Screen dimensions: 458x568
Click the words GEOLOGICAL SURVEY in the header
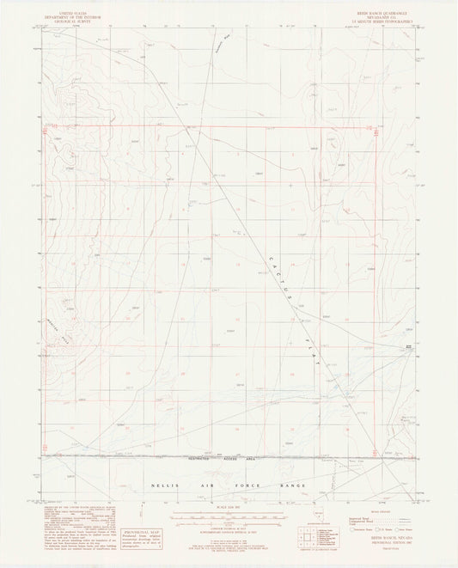click(67, 18)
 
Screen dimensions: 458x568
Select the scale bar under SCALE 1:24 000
click(229, 518)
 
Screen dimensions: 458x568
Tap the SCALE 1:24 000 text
click(229, 512)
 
